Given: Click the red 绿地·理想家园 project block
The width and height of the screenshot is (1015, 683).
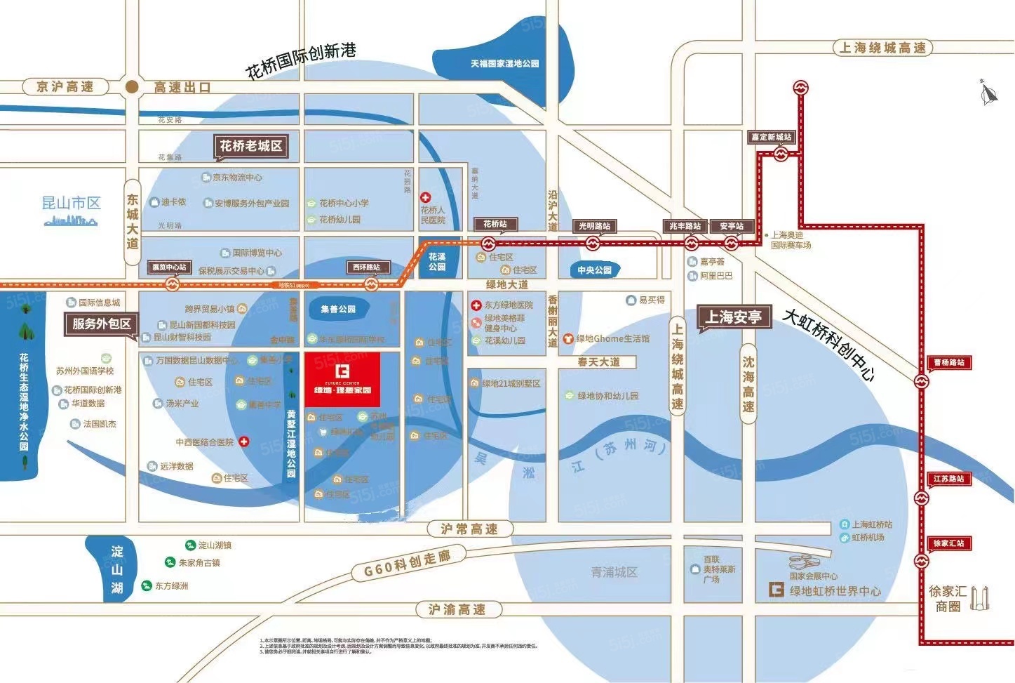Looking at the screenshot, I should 342,379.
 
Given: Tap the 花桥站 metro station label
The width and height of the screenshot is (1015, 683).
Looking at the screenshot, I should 495,224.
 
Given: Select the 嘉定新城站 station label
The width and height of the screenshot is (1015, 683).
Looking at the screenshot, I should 771,138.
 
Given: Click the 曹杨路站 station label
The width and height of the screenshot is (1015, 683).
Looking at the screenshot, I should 949,363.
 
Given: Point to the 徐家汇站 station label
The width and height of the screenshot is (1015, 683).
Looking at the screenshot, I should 948,543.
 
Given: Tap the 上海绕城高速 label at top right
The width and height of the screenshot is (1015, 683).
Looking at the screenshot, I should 882,48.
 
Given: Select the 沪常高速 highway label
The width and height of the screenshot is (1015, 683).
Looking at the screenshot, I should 469,529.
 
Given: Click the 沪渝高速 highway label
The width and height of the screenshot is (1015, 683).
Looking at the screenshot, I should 457,609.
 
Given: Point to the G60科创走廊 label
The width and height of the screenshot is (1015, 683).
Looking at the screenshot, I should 407,564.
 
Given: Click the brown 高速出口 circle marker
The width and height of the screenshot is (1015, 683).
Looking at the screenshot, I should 131,86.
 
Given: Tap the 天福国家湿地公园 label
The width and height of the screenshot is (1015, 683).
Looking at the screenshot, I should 504,63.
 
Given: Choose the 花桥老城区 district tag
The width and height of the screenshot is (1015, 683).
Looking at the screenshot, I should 250,146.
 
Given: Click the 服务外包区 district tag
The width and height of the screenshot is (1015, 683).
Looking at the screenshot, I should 101,324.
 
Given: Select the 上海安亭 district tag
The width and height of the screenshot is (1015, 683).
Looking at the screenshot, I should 733,317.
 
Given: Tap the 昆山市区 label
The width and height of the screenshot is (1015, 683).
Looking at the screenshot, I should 71,204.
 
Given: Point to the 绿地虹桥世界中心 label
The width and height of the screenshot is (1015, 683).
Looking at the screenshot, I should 835,591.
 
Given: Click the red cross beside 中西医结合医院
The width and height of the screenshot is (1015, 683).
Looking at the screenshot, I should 244,442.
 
